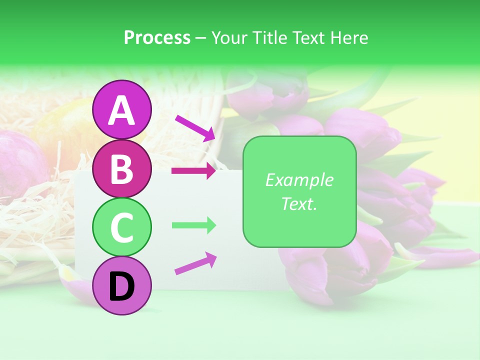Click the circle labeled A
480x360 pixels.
(x=121, y=109)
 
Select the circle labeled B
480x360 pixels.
(x=121, y=168)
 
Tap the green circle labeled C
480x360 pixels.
(x=121, y=227)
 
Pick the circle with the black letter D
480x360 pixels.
(x=121, y=285)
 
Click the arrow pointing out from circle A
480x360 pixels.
(x=195, y=128)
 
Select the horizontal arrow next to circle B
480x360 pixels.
(x=193, y=171)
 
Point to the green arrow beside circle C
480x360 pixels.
(x=193, y=225)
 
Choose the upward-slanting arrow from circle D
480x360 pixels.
(x=195, y=263)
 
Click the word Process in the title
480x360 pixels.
(x=157, y=38)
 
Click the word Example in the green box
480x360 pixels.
(x=299, y=180)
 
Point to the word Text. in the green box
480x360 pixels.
(x=299, y=203)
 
